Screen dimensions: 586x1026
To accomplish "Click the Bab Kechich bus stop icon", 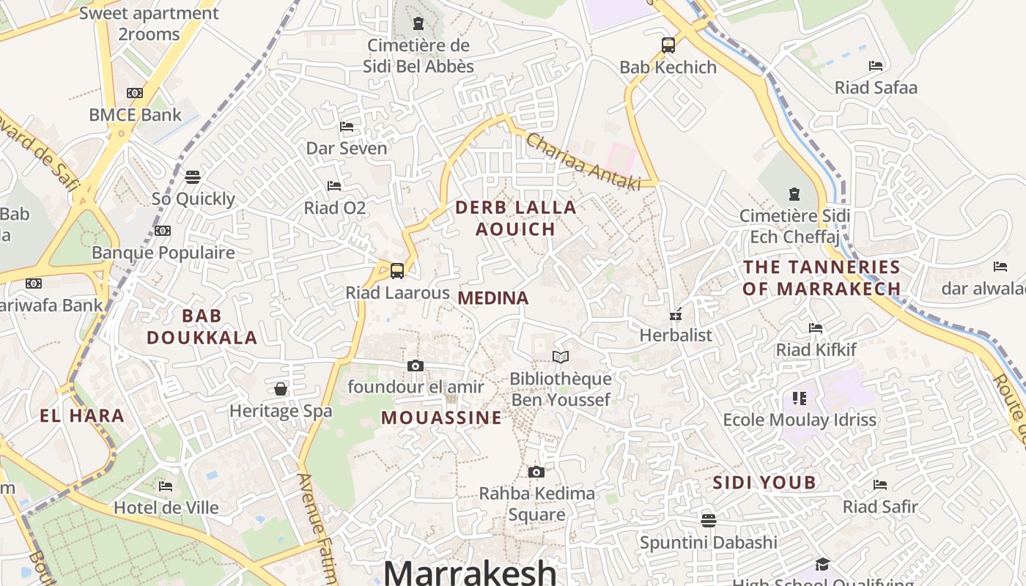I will click(668, 45).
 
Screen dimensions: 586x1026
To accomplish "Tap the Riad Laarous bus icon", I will click(397, 271).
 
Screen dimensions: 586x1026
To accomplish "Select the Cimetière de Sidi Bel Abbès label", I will click(418, 56).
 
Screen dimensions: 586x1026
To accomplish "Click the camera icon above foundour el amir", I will click(415, 366).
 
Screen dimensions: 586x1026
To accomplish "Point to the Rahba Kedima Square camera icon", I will click(536, 472).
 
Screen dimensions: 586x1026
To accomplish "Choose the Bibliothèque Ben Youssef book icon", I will click(561, 357).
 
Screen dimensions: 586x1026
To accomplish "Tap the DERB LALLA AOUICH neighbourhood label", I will click(516, 218).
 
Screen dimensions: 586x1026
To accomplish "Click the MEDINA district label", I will click(493, 298).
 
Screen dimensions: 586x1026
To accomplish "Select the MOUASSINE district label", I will click(442, 418).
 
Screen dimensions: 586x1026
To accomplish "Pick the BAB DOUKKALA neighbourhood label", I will click(202, 327).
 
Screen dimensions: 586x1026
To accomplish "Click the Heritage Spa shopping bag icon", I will click(281, 389).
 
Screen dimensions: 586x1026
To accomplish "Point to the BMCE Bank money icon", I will click(135, 93).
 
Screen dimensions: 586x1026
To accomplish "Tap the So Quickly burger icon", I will click(193, 177).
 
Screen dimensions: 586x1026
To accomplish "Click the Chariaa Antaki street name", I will click(583, 162).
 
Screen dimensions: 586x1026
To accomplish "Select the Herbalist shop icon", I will click(676, 314).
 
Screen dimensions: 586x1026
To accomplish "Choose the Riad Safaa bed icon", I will click(876, 66).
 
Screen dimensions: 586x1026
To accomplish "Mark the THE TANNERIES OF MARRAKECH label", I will click(822, 278).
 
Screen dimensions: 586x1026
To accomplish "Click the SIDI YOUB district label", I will click(764, 483).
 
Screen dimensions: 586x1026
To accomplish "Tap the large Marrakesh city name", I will click(470, 572).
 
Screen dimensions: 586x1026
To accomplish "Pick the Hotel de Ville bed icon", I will click(166, 486).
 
